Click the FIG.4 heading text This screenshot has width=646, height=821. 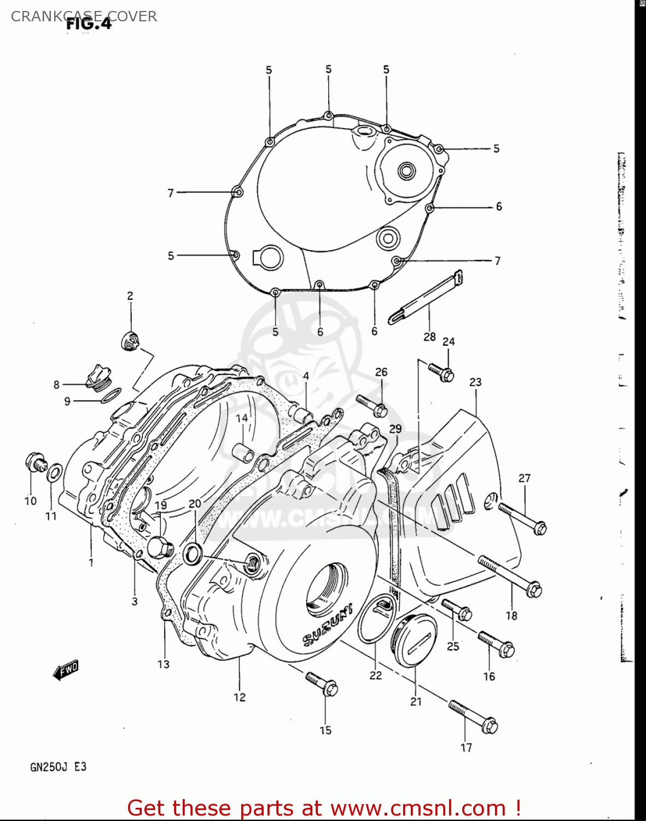89,24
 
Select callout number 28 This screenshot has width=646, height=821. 429,337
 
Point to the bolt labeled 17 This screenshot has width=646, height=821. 473,717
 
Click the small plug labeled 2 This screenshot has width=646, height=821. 130,342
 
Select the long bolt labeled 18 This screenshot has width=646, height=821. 510,576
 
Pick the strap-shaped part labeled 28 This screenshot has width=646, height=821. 426,297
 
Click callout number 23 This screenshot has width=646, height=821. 475,382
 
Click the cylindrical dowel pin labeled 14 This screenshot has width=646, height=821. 242,453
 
